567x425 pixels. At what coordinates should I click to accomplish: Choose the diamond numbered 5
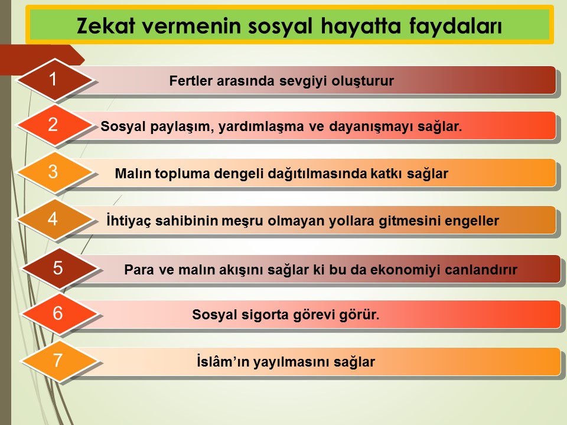59,268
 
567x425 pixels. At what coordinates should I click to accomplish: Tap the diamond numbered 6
59,313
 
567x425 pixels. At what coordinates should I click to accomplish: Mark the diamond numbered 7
59,361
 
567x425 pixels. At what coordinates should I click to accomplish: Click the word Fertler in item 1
191,81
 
